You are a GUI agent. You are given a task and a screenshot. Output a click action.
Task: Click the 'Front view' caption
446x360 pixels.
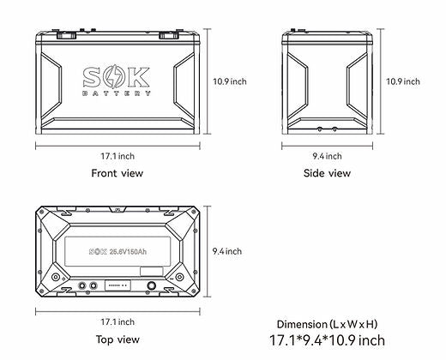(117, 173)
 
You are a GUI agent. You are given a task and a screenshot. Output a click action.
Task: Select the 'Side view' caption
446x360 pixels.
(327, 173)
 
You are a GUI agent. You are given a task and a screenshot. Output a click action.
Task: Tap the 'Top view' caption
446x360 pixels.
(117, 339)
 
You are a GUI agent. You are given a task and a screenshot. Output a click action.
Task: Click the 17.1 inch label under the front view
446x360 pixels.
(117, 155)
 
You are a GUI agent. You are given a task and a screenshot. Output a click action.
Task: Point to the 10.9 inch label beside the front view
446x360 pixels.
(229, 81)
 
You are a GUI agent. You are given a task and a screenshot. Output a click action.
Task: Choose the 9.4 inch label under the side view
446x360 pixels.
(327, 155)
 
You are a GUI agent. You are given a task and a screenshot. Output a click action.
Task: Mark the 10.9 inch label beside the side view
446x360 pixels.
(402, 81)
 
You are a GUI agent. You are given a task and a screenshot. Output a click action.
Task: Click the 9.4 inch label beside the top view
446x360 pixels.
(226, 251)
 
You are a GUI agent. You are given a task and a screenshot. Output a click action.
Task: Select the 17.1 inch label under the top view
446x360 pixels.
(117, 321)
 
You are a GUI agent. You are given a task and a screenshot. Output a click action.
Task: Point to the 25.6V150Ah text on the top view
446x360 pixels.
(124, 252)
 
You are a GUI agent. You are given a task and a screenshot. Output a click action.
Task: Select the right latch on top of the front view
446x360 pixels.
(172, 36)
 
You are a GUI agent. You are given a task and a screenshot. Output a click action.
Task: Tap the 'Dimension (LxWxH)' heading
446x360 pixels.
(327, 324)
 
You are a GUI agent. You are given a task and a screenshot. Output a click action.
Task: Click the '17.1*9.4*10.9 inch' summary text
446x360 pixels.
(327, 340)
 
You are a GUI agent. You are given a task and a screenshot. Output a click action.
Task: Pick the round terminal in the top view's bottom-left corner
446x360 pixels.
(56, 279)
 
